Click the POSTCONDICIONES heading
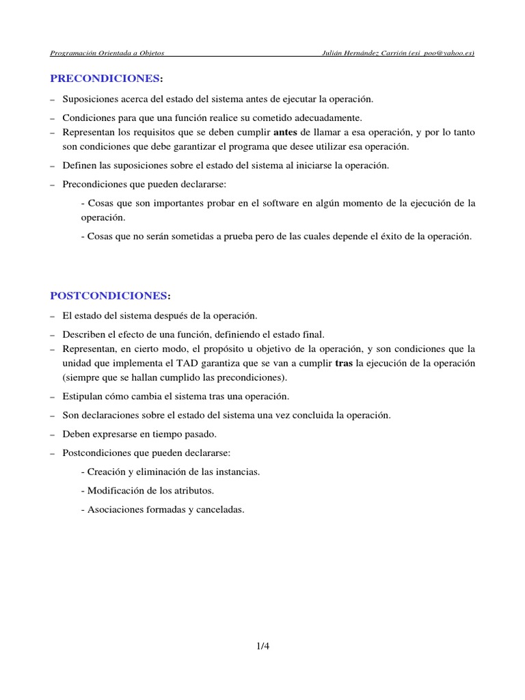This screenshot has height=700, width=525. coord(109,295)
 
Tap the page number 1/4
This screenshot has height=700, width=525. coord(262,644)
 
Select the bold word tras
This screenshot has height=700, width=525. coord(344,363)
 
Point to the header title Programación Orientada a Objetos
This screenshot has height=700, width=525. coord(107,53)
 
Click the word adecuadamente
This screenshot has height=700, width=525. coord(323,118)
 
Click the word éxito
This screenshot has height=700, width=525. coord(388,237)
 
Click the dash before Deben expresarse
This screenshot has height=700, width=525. coord(53,434)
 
